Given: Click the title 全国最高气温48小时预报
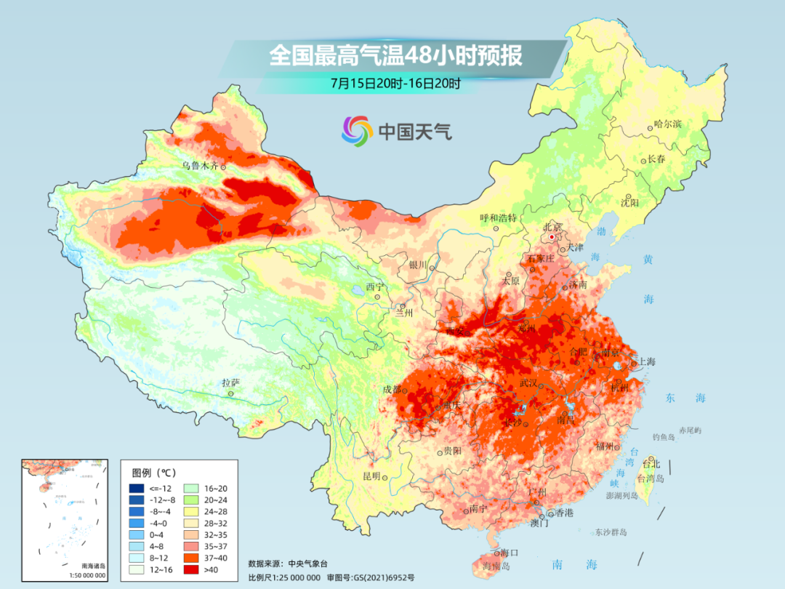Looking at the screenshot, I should click(396, 56).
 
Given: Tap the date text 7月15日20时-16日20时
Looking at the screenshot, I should click(395, 83).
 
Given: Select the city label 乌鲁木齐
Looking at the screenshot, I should click(199, 166).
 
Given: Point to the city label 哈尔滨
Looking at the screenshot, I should click(667, 124).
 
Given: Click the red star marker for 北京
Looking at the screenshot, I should click(552, 237).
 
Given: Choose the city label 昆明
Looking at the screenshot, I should click(371, 476).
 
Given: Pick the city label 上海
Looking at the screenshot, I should click(646, 362).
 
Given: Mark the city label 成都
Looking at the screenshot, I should click(391, 389).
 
